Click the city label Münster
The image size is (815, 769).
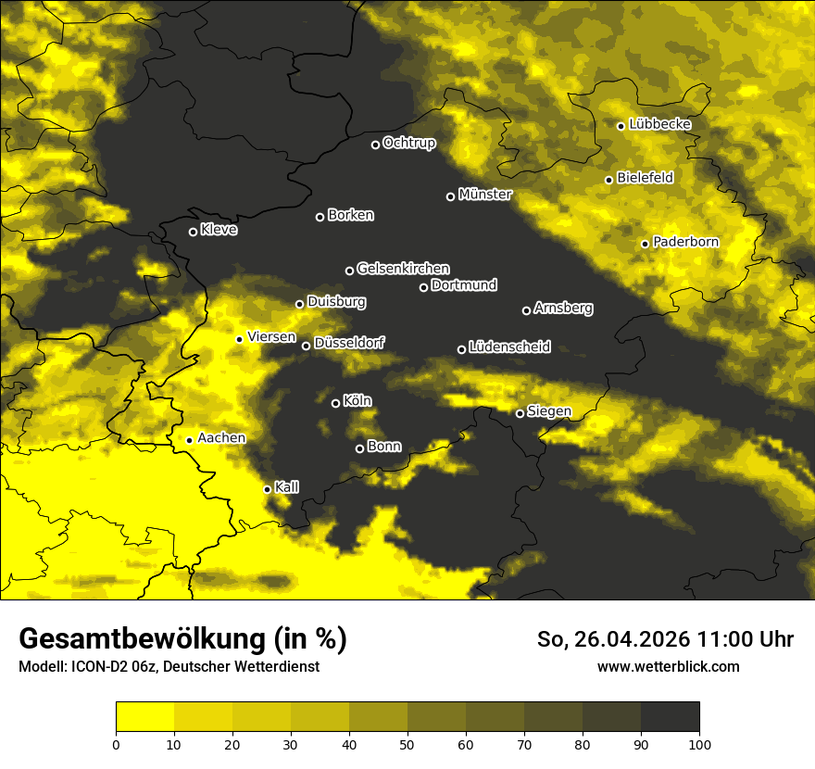tap(485, 195)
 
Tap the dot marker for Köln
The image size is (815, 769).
tap(336, 403)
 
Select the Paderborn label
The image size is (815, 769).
tap(686, 242)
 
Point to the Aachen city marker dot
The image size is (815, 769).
tap(190, 440)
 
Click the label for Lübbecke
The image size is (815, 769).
tap(660, 124)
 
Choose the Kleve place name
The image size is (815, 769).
tap(219, 230)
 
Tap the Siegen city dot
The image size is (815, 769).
tap(520, 413)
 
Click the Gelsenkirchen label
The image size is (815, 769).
tap(404, 269)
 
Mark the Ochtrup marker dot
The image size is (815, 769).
tap(376, 145)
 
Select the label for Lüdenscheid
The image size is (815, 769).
tap(510, 347)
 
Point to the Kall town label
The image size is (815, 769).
tap(287, 487)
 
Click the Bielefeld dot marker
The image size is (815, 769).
tap(609, 180)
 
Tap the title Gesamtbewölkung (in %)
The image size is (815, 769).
tap(182, 639)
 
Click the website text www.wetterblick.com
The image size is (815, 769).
tap(669, 666)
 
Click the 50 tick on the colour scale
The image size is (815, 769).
tap(407, 744)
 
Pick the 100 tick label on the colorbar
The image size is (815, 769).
tap(699, 744)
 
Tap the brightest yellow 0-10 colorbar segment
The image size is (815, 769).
tap(145, 716)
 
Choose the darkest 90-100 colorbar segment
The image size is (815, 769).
tap(670, 716)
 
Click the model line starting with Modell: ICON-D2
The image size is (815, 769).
tap(169, 666)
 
